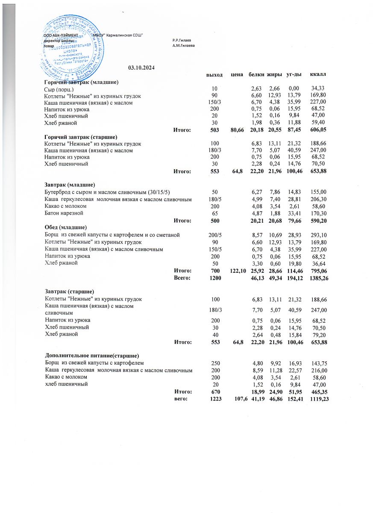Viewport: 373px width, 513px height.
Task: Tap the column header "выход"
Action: [x=214, y=75]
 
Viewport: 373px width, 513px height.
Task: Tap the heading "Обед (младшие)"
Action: [x=66, y=227]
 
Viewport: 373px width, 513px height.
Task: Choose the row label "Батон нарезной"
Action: [x=65, y=213]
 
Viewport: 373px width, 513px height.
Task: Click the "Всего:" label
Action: [x=182, y=277]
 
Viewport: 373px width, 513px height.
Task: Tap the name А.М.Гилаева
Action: [x=184, y=45]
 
